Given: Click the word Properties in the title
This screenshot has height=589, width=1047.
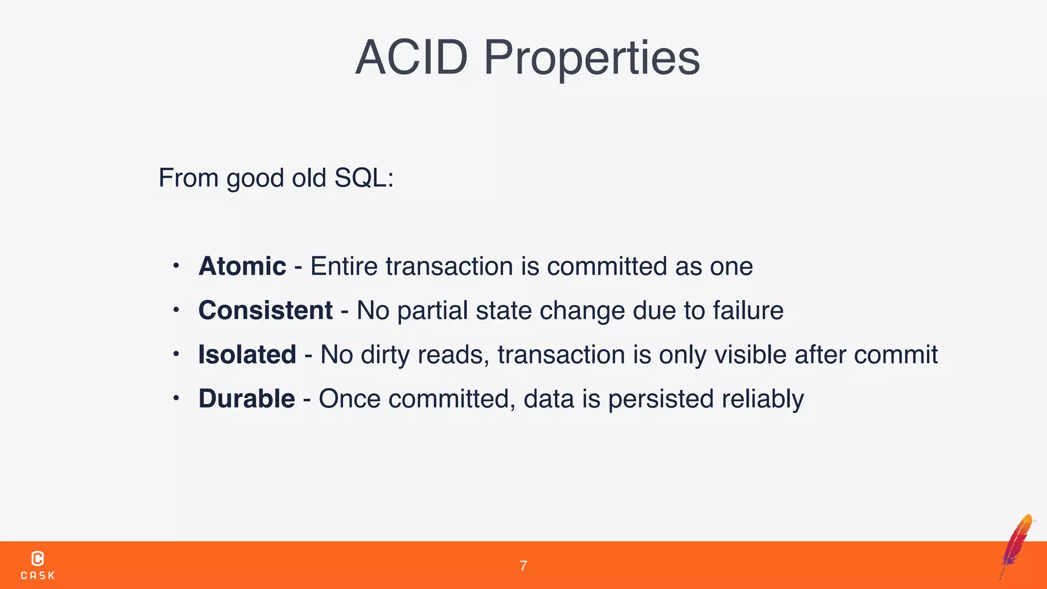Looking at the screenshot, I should coord(591,58).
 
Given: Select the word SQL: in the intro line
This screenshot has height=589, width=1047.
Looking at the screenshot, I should coord(363,178).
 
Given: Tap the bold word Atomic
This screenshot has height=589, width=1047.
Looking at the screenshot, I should coord(242,266).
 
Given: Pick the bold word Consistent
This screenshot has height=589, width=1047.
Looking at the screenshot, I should coord(265,310).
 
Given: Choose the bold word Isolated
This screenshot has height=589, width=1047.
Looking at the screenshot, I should coord(247,355).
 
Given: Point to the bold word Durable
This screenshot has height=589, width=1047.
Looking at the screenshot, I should coord(246,399).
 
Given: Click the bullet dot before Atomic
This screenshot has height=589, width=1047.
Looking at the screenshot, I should coord(176,266).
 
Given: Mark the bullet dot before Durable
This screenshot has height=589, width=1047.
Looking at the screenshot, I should coord(176,398).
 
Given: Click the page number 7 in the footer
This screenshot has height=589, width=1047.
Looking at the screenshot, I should coord(523,565).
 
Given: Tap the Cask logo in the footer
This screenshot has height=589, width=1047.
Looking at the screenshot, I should coord(38,565).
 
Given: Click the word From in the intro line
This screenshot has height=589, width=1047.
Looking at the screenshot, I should coord(188,178).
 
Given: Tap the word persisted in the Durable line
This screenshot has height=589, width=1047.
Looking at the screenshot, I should coord(661,399).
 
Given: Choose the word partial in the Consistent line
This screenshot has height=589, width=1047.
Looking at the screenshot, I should coord(433,310).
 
